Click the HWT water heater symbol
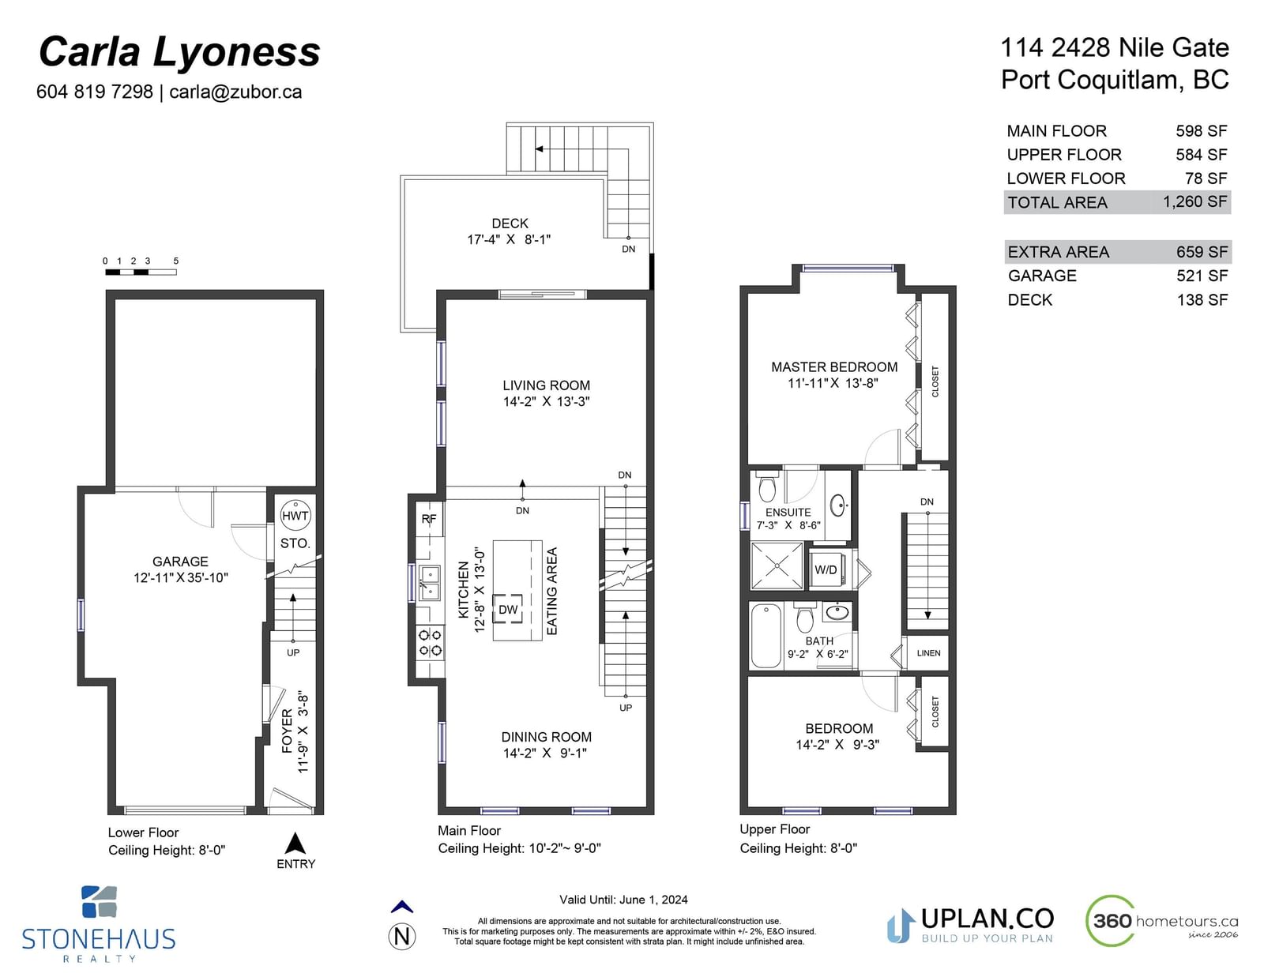pyautogui.click(x=295, y=515)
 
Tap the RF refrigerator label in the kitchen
pyautogui.click(x=429, y=519)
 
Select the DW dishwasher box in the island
pyautogui.click(x=508, y=609)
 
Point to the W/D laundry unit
pyautogui.click(x=826, y=569)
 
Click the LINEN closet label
pyautogui.click(x=928, y=653)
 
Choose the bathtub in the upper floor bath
pyautogui.click(x=766, y=636)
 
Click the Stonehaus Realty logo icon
pyautogui.click(x=100, y=902)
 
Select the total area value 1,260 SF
pyautogui.click(x=1194, y=201)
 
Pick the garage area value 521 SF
pyautogui.click(x=1202, y=276)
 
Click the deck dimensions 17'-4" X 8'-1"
pyautogui.click(x=509, y=239)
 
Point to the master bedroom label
pyautogui.click(x=834, y=367)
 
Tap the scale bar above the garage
pyautogui.click(x=141, y=272)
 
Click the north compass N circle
pyautogui.click(x=402, y=937)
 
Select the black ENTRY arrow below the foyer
pyautogui.click(x=295, y=844)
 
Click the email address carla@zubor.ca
pyautogui.click(x=235, y=92)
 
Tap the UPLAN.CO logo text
pyautogui.click(x=987, y=919)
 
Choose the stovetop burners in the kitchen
pyautogui.click(x=431, y=642)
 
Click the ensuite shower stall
pyautogui.click(x=777, y=566)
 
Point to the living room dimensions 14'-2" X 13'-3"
pyautogui.click(x=546, y=401)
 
